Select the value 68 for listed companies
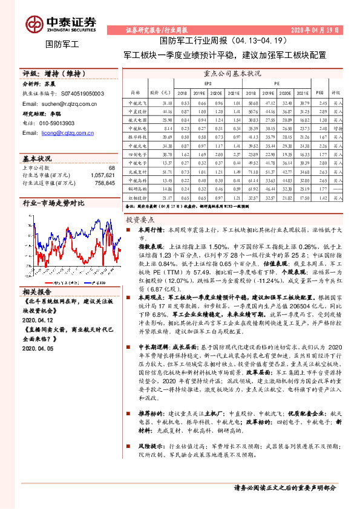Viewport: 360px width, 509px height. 111,167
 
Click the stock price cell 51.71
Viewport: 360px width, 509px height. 168,172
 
